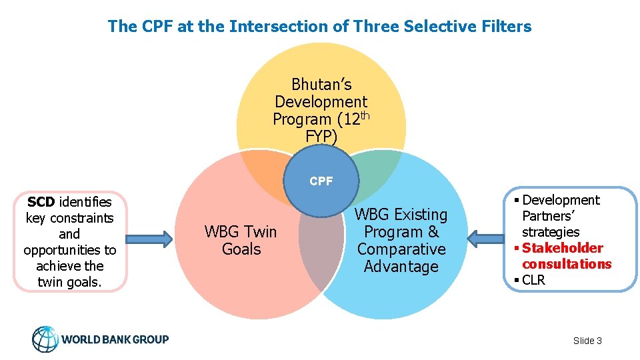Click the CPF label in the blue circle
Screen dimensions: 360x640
pyautogui.click(x=321, y=181)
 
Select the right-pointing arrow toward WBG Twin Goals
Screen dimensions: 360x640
pyautogui.click(x=147, y=239)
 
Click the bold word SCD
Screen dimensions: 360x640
pyautogui.click(x=41, y=202)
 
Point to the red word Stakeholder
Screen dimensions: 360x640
pyautogui.click(x=562, y=248)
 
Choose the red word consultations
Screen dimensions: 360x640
pyautogui.click(x=566, y=264)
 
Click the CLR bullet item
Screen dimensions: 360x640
pyautogui.click(x=533, y=280)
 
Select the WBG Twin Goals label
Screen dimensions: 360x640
pyautogui.click(x=241, y=241)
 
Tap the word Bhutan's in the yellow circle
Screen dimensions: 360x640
pyautogui.click(x=321, y=85)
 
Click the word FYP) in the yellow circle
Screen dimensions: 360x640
pyautogui.click(x=321, y=137)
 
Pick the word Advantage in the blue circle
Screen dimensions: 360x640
pyautogui.click(x=401, y=267)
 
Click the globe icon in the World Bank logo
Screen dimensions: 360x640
pyautogui.click(x=45, y=339)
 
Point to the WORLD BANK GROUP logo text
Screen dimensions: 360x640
pyautogui.click(x=115, y=339)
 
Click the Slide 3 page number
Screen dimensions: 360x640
pyautogui.click(x=587, y=341)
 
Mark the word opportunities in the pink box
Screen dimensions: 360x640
pyautogui.click(x=69, y=250)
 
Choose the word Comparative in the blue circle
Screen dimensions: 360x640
pyautogui.click(x=401, y=249)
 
